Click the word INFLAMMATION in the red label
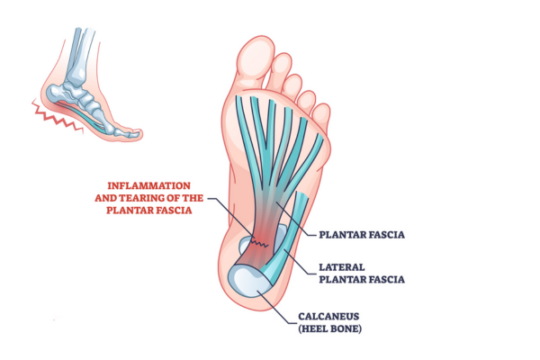[x=148, y=185]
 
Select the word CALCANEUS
[x=328, y=316]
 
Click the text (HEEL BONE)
[x=330, y=328]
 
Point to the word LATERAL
[x=341, y=267]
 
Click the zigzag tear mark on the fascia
[x=259, y=243]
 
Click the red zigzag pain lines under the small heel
[x=57, y=116]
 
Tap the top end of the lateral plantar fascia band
[x=302, y=194]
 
